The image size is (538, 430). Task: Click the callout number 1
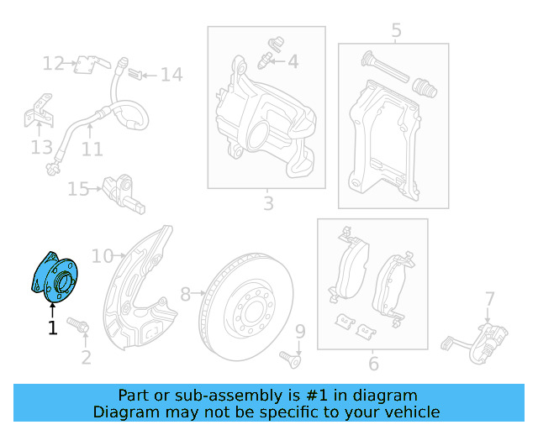pos(52,328)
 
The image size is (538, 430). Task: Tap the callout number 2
pos(86,359)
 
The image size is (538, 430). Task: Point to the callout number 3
pos(268,203)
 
